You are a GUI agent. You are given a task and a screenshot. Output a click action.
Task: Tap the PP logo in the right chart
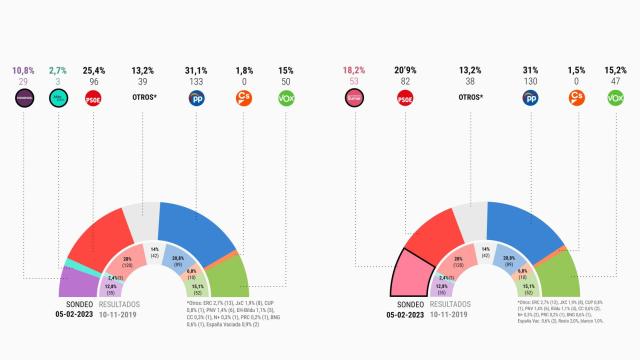[530, 98]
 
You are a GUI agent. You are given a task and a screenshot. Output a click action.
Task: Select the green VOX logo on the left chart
[286, 98]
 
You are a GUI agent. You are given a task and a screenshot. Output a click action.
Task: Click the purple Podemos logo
[23, 98]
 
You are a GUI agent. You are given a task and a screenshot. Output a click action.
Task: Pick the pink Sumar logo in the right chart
[351, 98]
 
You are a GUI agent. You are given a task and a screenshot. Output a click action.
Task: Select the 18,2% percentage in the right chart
[351, 71]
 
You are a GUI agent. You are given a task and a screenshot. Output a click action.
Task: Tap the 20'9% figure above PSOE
[406, 71]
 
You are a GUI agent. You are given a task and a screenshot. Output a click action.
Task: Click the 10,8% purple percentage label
[23, 71]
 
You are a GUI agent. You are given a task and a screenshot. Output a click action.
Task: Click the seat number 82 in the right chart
[406, 83]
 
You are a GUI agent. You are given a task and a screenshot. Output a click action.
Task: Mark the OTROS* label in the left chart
[143, 98]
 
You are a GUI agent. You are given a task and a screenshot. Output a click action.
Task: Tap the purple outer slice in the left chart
[76, 282]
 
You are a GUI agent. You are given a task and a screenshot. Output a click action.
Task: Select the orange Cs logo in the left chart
[242, 98]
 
